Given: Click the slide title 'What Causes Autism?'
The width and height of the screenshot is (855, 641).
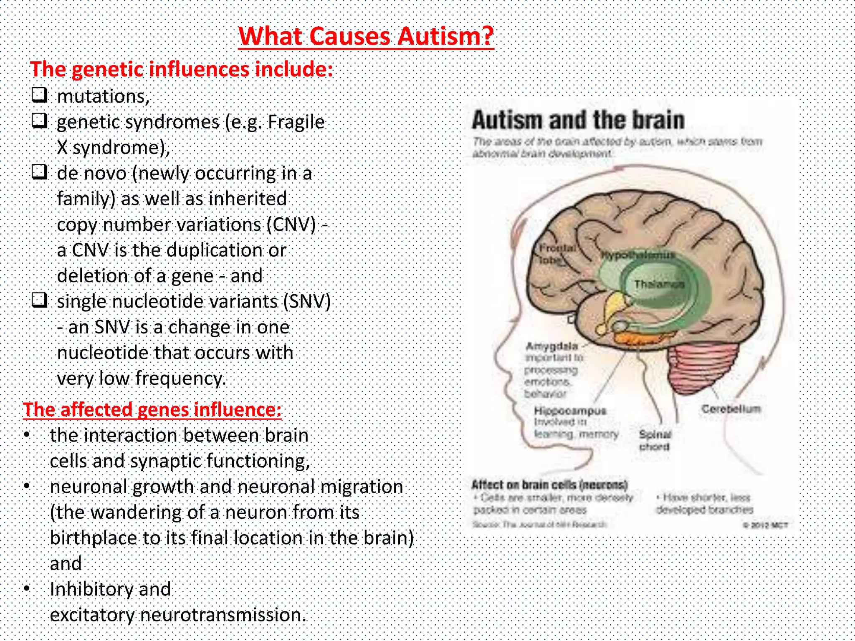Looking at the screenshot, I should [x=366, y=36].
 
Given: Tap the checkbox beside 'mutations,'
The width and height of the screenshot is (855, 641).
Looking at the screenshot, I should [x=40, y=95].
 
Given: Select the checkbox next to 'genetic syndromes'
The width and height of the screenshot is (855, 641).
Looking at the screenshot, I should [x=40, y=121].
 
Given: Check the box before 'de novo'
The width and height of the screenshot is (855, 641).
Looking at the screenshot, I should [x=40, y=172].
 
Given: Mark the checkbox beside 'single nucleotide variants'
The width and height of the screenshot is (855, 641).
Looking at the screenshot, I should [x=40, y=300].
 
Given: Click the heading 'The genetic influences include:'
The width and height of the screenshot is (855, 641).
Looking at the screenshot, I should [x=182, y=69].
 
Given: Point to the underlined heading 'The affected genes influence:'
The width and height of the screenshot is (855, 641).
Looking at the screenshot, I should [x=152, y=410].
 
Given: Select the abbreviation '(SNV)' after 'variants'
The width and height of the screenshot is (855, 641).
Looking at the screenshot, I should [x=307, y=301].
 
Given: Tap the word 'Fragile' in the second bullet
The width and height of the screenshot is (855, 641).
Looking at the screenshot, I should [x=296, y=122].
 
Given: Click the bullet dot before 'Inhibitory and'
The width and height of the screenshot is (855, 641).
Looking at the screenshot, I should [x=27, y=588].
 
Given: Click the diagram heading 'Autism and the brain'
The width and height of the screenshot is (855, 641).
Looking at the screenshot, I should [x=578, y=120].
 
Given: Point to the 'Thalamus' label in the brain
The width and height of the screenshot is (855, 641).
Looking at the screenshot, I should [x=659, y=285].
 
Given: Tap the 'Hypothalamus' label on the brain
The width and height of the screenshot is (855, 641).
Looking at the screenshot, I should [x=637, y=255].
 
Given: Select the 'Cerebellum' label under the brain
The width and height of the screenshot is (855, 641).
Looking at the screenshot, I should [x=731, y=409].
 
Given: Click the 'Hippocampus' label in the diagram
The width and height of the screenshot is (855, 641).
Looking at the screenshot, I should [x=570, y=411].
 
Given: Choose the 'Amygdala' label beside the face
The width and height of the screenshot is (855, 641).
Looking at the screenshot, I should [x=552, y=346].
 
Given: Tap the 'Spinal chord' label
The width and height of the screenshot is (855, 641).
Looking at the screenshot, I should [x=655, y=440].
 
